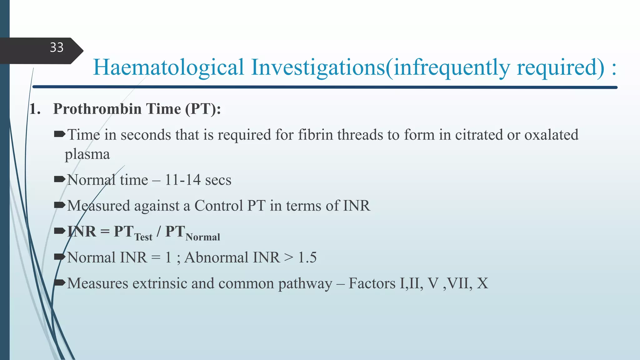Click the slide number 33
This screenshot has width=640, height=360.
(x=57, y=48)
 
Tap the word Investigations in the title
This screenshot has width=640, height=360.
(x=318, y=67)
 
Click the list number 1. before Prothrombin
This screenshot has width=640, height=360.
(x=35, y=109)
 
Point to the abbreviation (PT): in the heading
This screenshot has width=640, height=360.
(x=203, y=109)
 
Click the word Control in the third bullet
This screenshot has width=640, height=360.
(x=218, y=206)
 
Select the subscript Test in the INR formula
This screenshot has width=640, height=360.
(x=143, y=237)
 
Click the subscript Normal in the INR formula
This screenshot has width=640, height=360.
(x=203, y=237)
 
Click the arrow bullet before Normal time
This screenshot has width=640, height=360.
(x=59, y=179)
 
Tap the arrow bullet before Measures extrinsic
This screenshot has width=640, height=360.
(x=59, y=283)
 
